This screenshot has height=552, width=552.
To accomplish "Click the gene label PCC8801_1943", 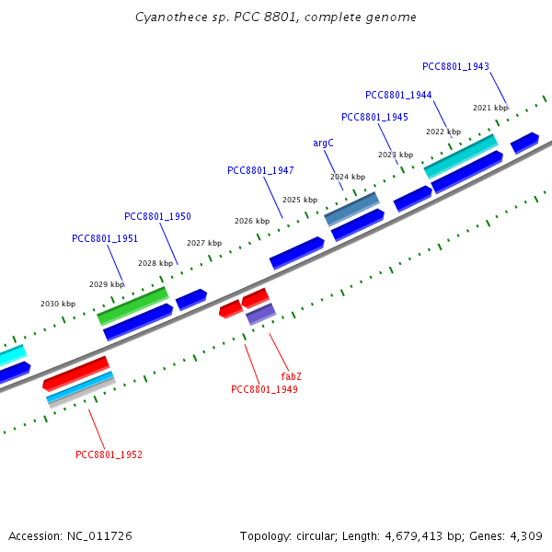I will point(455,66).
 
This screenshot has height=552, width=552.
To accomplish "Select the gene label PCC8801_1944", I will point(398,95).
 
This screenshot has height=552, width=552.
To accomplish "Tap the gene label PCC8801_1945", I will point(374,117).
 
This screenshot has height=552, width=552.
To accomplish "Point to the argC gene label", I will point(323,143).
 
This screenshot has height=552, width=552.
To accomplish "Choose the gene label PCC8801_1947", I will point(260,170).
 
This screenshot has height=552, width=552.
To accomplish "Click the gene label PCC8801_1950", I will point(157,216).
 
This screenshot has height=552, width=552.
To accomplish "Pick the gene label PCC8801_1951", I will point(105,238).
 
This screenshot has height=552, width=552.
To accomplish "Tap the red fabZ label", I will point(292,377).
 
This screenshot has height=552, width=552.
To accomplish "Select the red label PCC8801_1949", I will point(264,389).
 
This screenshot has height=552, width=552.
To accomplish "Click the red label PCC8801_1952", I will point(109,454).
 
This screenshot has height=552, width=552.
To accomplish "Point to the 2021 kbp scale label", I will point(489,108).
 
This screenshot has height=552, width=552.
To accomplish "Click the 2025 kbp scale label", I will point(299,200).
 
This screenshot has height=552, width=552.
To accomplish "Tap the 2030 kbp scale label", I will point(57,304).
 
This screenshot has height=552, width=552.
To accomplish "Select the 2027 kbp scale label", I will point(203,243).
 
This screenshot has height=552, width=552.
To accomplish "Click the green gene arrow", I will point(132,305).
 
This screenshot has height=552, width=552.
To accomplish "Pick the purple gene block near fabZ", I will point(260,314).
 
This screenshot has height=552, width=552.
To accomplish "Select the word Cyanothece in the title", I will point(167,17).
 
